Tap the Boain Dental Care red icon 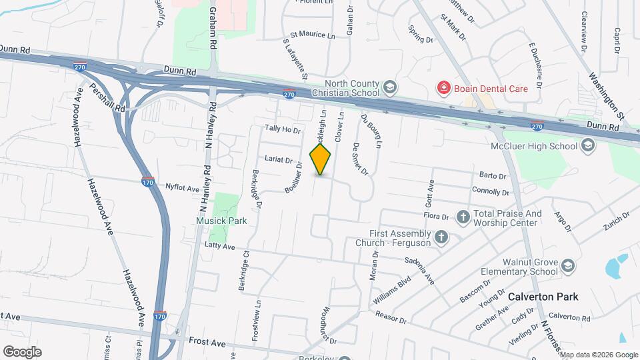443,88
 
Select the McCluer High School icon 587,145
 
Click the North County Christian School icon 389,87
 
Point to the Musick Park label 221,221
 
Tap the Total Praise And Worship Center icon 463,217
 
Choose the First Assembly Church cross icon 440,237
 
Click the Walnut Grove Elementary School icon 567,267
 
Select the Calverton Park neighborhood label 543,297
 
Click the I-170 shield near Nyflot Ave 148,181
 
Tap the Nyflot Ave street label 183,188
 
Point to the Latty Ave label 219,247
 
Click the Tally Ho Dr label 283,129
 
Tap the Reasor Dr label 391,317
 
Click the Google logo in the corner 22,351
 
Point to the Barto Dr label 493,176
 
